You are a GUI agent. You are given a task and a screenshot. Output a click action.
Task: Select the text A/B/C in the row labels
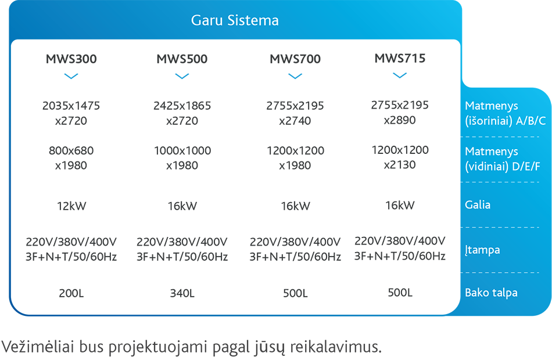pos(529,121)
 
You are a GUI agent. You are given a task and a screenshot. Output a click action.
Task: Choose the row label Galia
pos(478,205)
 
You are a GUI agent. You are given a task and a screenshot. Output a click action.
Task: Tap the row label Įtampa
pos(482,250)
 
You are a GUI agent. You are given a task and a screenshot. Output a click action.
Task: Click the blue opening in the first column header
pos(72,78)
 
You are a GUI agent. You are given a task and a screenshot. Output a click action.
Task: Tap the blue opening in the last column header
pos(397,78)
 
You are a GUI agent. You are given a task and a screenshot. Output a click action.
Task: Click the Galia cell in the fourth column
pos(397,204)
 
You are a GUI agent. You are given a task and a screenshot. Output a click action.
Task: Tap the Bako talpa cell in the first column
pos(72,292)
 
